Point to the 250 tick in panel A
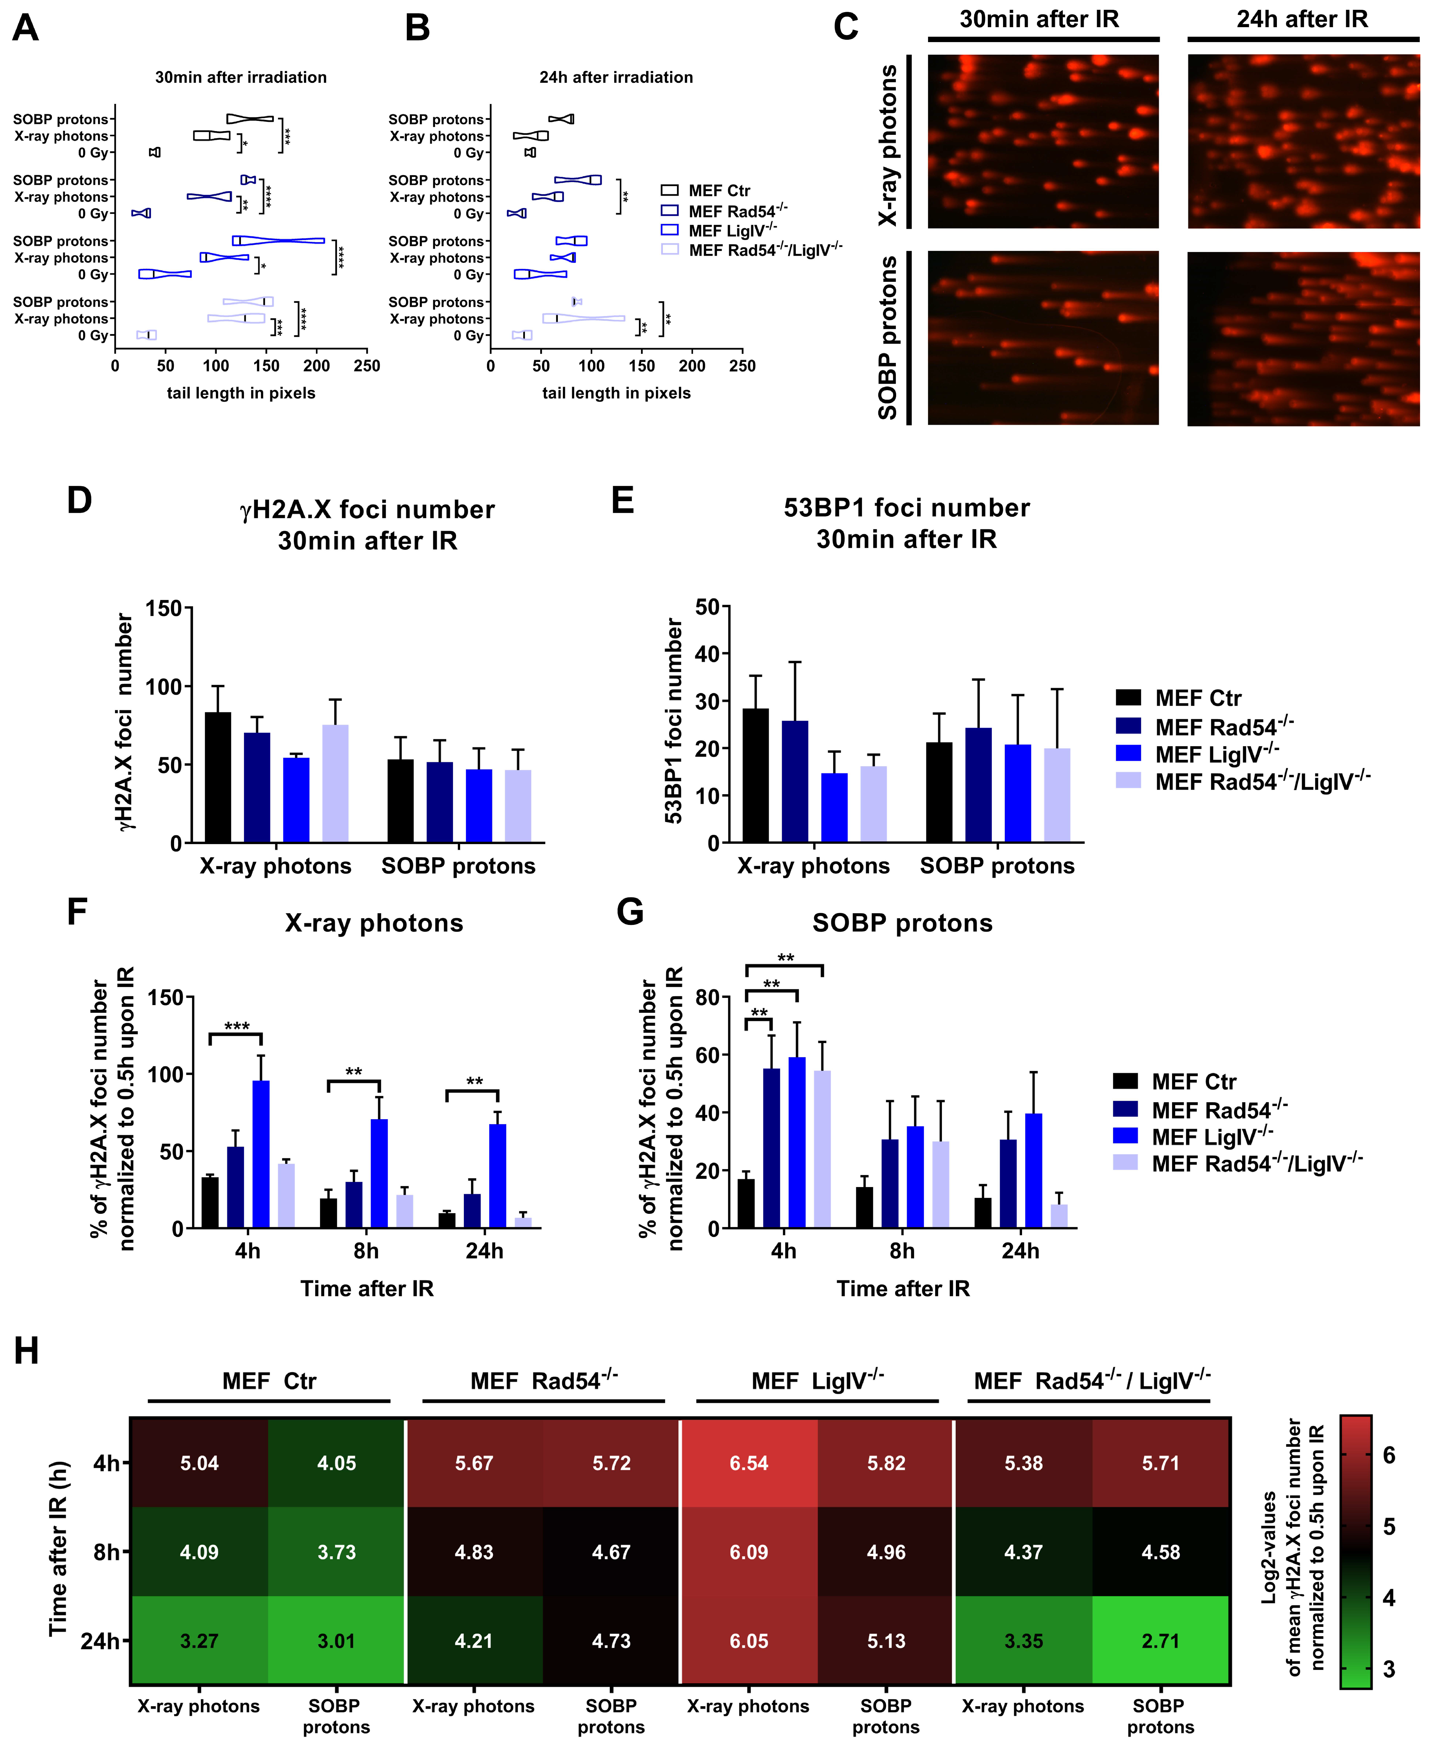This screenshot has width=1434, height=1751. point(367,366)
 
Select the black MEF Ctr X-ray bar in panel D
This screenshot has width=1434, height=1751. point(218,777)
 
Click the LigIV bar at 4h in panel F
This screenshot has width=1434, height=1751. point(261,1153)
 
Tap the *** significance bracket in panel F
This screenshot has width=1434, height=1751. point(236,1033)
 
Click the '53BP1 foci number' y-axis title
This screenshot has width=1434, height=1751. point(674,722)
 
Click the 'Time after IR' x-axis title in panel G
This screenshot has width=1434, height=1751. point(903,1288)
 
